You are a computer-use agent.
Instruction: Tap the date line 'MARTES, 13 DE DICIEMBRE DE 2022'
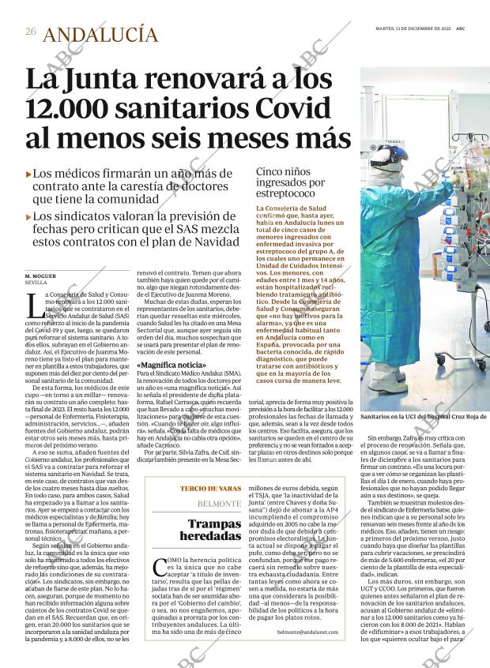[x=413, y=31]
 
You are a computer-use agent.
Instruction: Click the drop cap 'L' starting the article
[x=32, y=301]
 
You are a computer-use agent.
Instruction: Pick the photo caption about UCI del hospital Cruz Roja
[x=424, y=416]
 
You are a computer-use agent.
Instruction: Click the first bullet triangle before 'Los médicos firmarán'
[x=28, y=174]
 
